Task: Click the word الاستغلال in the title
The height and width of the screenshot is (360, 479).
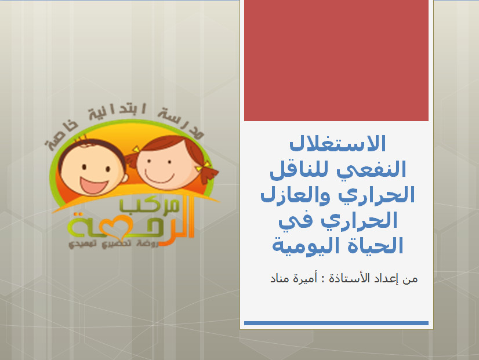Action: pyautogui.click(x=338, y=143)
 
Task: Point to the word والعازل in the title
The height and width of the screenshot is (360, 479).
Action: pyautogui.click(x=295, y=195)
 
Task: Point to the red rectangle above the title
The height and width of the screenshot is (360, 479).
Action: pyautogui.click(x=336, y=60)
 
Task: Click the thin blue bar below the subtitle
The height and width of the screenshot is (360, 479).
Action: pyautogui.click(x=336, y=323)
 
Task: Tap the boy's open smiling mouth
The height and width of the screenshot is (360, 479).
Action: pyautogui.click(x=93, y=186)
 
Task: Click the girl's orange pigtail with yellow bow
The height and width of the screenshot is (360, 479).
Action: pyautogui.click(x=208, y=173)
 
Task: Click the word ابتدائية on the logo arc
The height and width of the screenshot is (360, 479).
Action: pyautogui.click(x=117, y=112)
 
